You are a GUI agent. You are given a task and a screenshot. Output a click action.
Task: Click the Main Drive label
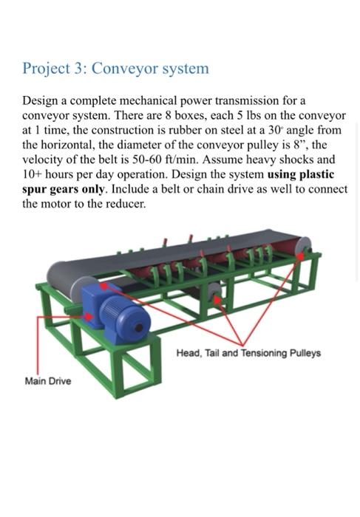point(48,382)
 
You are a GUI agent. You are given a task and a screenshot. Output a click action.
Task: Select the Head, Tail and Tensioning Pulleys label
point(248,353)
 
